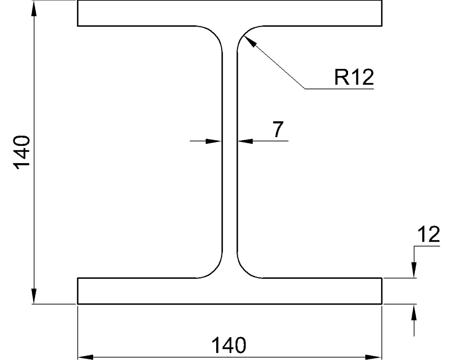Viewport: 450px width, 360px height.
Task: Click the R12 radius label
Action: (x=354, y=77)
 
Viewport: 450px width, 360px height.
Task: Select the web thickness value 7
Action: (x=278, y=129)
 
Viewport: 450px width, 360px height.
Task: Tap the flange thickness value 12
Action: (x=428, y=234)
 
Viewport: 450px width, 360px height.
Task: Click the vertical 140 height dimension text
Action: (x=22, y=153)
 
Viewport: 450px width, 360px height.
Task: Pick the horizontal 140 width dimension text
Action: (x=229, y=345)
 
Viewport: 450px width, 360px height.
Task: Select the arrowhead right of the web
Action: (x=245, y=141)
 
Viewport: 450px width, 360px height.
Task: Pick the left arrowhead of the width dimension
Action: (x=86, y=357)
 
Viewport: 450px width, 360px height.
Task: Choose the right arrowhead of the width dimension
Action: (x=374, y=357)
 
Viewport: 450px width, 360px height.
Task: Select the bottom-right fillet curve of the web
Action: (x=244, y=270)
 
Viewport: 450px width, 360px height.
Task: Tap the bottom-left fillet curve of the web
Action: (x=214, y=270)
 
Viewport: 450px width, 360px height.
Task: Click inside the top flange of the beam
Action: (x=229, y=13)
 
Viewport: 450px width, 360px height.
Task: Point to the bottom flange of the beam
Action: (x=229, y=291)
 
